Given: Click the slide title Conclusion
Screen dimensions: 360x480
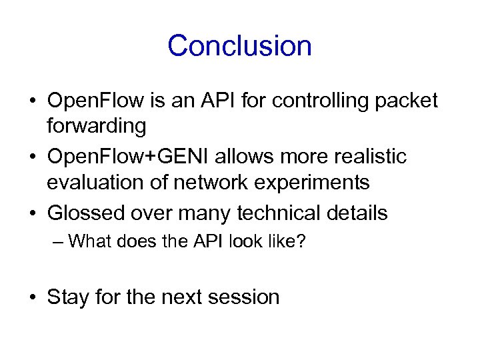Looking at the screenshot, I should click(x=239, y=46).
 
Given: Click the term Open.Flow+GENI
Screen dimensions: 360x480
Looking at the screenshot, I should click(x=123, y=157).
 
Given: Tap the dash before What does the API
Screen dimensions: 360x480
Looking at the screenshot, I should click(x=58, y=241).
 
